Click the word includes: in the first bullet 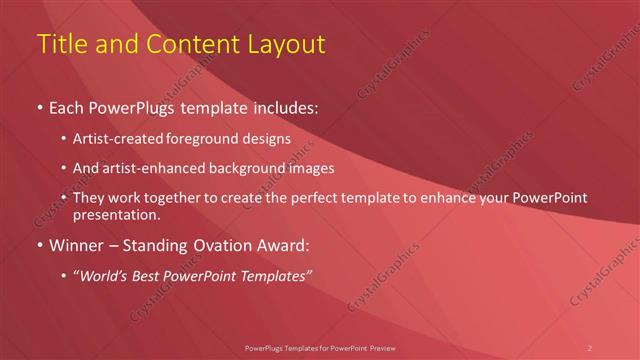point(284,105)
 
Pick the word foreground point(213,139)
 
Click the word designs point(269,139)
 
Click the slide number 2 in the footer point(590,347)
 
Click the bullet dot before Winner point(39,245)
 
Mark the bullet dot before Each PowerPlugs point(39,105)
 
